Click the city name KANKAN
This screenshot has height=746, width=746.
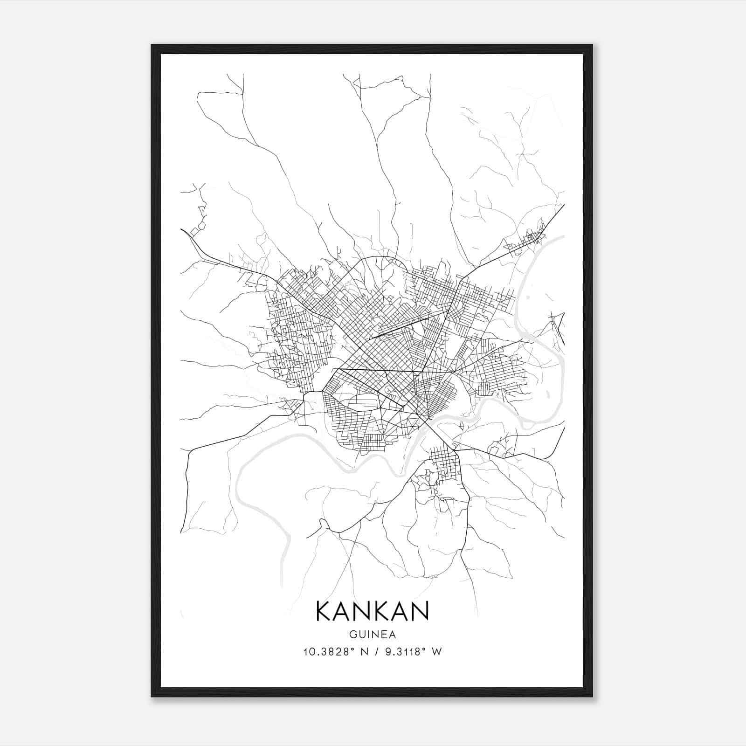[372, 611]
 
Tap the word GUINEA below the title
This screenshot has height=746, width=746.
[372, 635]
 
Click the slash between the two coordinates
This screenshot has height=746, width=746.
[373, 652]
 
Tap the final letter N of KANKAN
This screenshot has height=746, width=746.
[419, 611]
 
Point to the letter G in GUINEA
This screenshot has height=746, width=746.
[352, 635]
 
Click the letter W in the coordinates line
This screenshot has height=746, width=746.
[436, 652]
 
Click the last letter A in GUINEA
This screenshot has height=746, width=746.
[393, 635]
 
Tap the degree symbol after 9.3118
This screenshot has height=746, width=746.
[426, 649]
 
